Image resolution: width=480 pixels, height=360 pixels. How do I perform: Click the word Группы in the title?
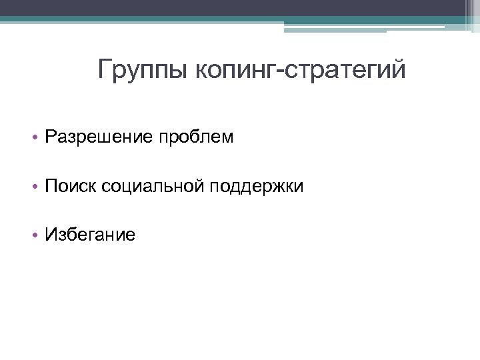[143, 69]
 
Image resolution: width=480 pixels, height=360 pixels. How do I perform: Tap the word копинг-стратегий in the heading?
[301, 69]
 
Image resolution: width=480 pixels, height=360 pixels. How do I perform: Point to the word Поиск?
[71, 187]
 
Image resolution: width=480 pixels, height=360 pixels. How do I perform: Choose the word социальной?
[153, 187]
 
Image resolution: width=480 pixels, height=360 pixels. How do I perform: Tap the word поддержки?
[257, 187]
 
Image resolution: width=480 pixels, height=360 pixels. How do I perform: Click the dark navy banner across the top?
[240, 8]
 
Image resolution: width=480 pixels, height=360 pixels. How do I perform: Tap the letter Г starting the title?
[105, 69]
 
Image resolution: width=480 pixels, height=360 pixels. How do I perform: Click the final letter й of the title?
[398, 69]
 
